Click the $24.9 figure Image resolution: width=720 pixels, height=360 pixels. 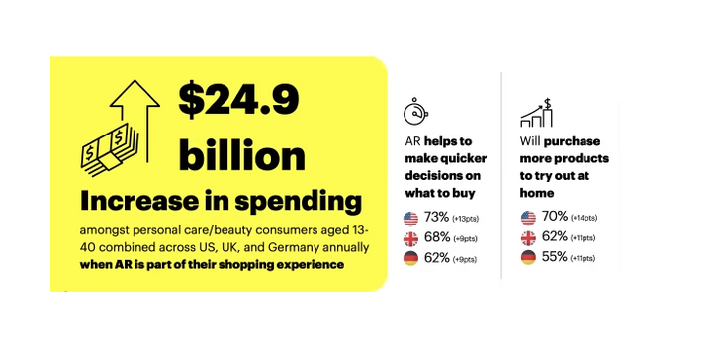click(x=238, y=102)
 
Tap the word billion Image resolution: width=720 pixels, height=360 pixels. click(x=241, y=154)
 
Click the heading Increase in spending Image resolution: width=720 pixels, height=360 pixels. click(x=221, y=201)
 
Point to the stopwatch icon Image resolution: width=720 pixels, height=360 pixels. click(x=416, y=110)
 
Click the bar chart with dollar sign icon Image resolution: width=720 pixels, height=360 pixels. click(x=538, y=112)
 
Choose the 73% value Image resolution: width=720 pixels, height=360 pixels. click(x=436, y=218)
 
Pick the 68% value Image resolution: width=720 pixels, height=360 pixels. click(x=436, y=238)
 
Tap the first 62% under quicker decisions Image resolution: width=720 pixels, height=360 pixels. click(x=436, y=259)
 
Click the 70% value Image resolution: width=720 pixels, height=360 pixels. click(x=554, y=217)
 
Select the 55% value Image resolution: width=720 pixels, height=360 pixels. click(x=554, y=258)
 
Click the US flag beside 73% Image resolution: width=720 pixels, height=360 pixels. click(x=410, y=218)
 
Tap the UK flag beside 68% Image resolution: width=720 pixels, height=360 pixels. click(x=410, y=238)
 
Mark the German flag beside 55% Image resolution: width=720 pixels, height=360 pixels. click(x=528, y=258)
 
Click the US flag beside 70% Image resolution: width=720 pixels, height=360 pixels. click(x=528, y=217)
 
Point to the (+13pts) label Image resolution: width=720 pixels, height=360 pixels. click(x=467, y=219)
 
